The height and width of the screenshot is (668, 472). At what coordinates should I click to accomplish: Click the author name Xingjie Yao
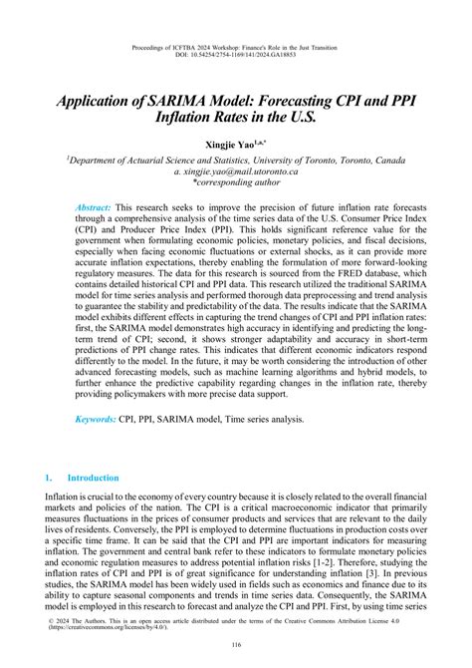pos(232,145)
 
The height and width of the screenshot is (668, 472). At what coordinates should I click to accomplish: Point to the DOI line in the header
pos(236,55)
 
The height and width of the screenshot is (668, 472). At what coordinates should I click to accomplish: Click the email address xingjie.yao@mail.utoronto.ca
pos(236,171)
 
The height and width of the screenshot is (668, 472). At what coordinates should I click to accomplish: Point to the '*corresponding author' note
pos(236,183)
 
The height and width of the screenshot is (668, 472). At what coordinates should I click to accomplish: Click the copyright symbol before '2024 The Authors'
pos(52,618)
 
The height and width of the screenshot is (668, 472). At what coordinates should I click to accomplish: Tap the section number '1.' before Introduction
pos(50,478)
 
